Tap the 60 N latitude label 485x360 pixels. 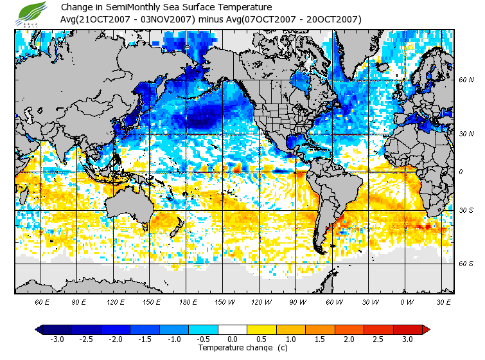(466, 80)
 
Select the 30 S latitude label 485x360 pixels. (466, 210)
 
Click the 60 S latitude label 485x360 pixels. (466, 264)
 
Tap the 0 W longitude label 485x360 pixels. (406, 302)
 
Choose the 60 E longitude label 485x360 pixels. (42, 302)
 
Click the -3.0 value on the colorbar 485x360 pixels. (57, 339)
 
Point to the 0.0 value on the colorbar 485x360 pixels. (233, 339)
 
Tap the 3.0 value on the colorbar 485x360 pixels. (407, 339)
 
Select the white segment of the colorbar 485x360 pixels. (233, 329)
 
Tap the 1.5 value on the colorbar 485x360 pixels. (320, 339)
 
